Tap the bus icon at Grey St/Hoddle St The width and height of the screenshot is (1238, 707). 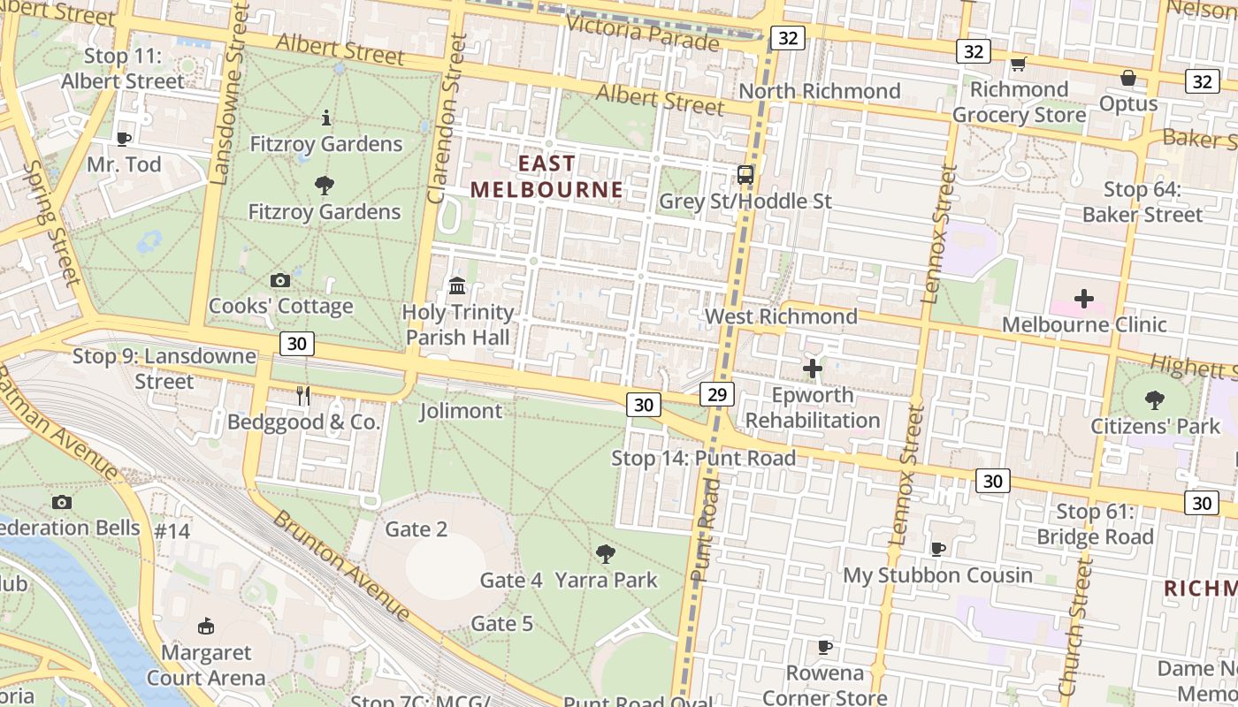745,175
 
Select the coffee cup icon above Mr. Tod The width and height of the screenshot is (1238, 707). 124,139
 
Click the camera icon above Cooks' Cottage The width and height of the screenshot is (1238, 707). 280,281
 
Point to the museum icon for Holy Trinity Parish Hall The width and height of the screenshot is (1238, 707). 457,285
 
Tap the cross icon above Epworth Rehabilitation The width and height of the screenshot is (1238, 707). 813,368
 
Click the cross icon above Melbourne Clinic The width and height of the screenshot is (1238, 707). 1084,299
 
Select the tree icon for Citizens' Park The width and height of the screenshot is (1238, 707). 1155,399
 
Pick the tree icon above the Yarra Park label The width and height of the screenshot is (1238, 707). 606,554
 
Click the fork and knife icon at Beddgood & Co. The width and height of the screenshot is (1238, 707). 303,396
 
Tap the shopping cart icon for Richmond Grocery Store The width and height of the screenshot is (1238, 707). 1018,65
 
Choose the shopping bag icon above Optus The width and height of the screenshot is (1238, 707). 1128,78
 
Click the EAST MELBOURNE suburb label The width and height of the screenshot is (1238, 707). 546,177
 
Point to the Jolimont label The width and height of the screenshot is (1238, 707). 461,411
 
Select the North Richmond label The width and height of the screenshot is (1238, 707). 820,91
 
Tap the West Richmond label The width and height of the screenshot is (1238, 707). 781,316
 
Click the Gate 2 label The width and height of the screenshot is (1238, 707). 416,529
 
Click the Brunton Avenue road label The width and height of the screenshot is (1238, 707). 340,566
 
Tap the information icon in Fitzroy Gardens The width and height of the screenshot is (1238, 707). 326,118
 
